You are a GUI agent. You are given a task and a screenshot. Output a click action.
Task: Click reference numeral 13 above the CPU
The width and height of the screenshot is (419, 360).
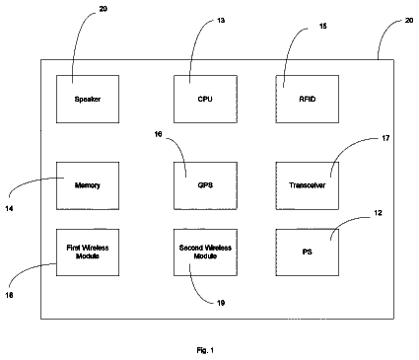tap(221, 21)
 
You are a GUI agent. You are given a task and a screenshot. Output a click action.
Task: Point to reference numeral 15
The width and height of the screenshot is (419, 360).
tap(323, 26)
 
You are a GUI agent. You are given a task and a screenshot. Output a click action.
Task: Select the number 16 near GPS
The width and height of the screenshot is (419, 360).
tap(158, 134)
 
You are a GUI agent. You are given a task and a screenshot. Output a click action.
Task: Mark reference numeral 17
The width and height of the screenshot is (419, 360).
tap(385, 138)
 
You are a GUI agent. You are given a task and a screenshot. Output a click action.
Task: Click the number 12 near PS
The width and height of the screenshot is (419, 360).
tap(378, 213)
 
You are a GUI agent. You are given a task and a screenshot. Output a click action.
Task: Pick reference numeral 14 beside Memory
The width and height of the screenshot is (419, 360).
tap(9, 208)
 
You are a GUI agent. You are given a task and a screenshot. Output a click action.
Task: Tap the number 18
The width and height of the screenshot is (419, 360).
tap(9, 295)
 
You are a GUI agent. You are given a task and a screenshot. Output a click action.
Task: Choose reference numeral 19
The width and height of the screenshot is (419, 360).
tap(221, 303)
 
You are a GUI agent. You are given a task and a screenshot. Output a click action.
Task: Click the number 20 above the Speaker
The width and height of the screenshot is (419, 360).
tap(104, 9)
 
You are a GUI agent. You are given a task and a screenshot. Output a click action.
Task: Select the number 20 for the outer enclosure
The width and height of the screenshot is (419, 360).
tap(409, 21)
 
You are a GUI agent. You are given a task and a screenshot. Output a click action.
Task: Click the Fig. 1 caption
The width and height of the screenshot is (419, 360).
tap(205, 350)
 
